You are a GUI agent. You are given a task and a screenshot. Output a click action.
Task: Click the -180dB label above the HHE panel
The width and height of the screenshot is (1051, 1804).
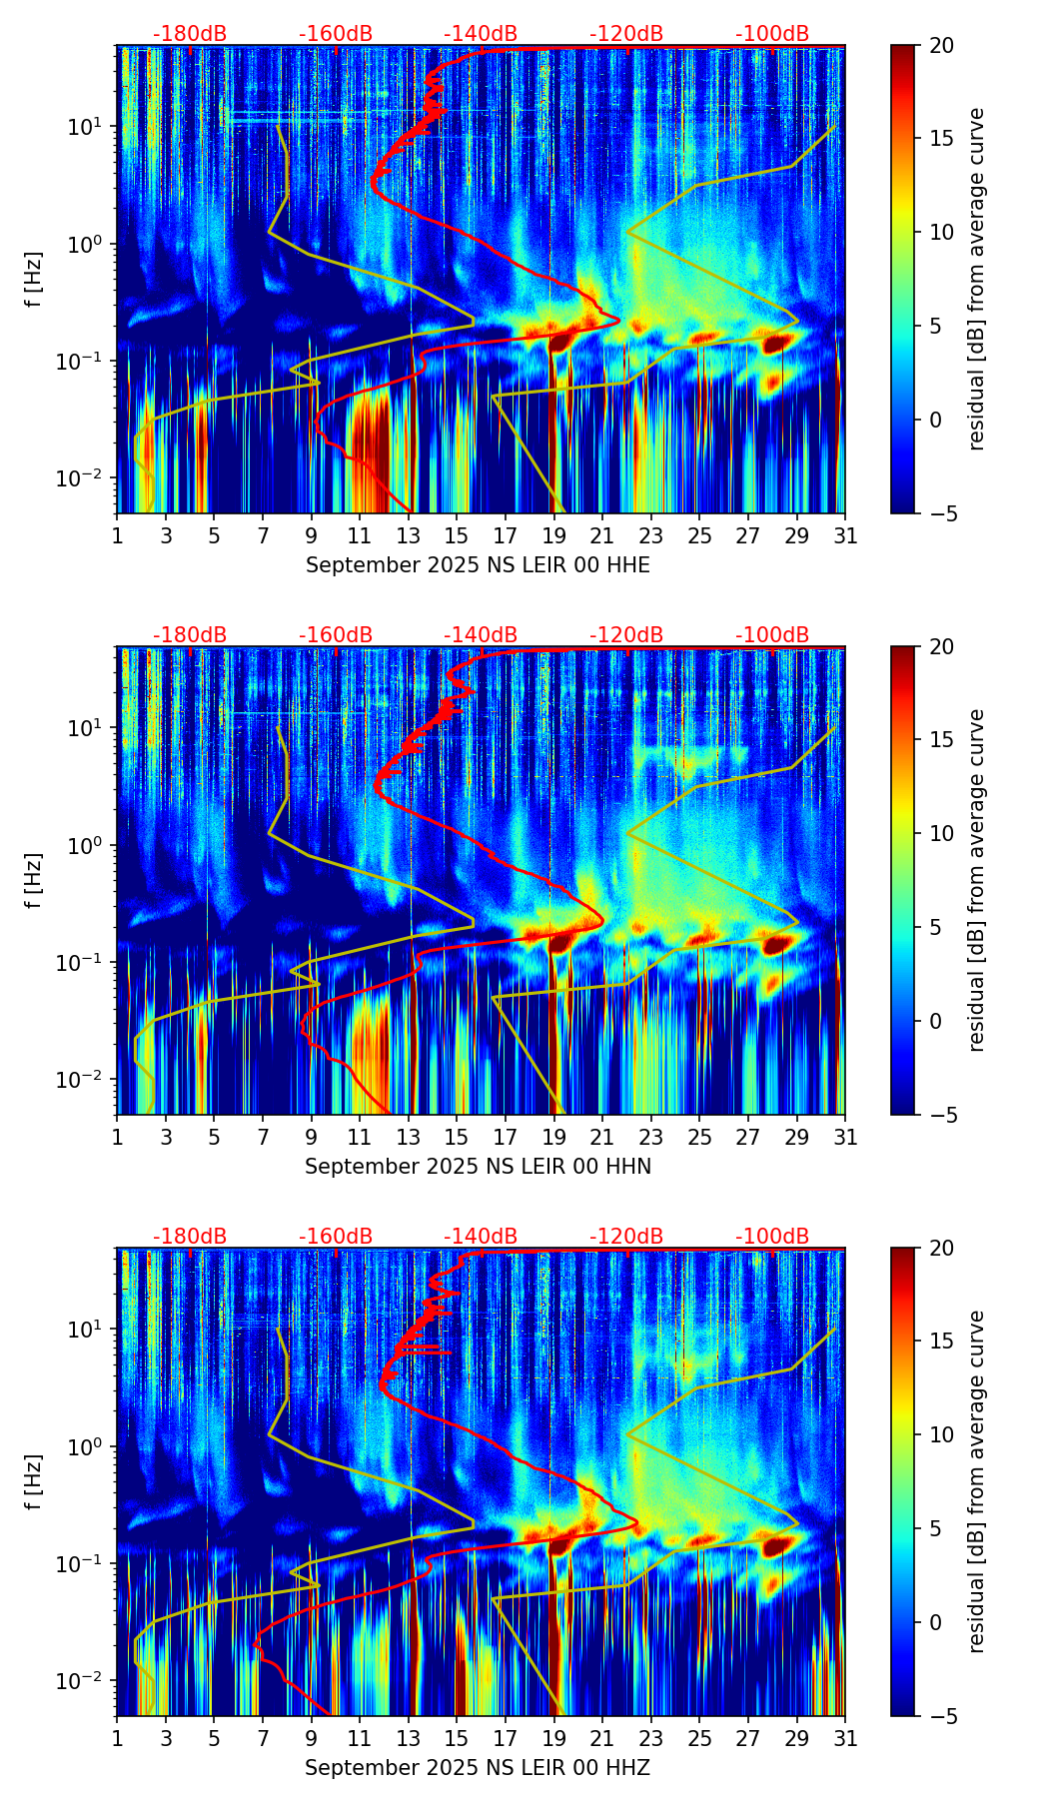click(190, 34)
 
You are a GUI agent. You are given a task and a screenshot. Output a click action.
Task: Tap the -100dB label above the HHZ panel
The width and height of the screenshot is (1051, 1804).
click(772, 1237)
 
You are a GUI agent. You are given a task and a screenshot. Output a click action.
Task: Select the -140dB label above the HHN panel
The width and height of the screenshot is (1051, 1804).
click(481, 635)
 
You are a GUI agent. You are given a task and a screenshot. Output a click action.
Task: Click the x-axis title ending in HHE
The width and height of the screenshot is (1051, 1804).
click(478, 565)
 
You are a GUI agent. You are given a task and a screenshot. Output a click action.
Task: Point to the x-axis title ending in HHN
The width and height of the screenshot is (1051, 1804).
click(478, 1167)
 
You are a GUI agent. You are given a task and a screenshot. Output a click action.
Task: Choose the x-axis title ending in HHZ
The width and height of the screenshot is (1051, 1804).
click(478, 1768)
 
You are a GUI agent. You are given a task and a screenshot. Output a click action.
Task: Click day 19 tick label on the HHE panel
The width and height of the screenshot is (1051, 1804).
click(554, 536)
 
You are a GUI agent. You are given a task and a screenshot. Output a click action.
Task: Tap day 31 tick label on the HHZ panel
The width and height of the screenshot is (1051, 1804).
click(845, 1739)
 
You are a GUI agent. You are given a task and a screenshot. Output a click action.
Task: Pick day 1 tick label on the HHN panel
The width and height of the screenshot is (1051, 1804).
click(117, 1138)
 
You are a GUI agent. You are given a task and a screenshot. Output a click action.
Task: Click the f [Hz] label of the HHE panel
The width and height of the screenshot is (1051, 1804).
click(34, 280)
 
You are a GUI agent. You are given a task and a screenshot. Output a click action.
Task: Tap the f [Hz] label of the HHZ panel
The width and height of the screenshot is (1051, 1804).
click(34, 1482)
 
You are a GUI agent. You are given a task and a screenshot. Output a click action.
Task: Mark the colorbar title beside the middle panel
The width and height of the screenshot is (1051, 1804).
click(976, 880)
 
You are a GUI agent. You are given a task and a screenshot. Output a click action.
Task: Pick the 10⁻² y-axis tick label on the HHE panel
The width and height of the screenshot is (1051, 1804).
click(84, 478)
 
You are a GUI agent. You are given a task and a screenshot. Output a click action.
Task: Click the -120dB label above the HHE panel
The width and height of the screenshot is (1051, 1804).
click(626, 34)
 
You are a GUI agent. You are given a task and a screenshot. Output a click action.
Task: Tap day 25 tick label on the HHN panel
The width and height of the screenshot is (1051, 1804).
click(699, 1138)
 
